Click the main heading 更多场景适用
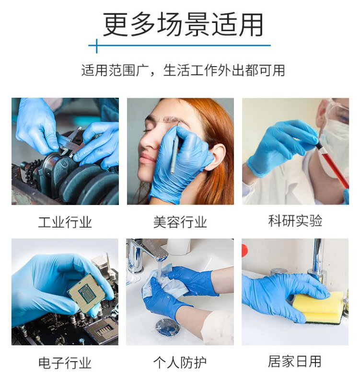[183, 24]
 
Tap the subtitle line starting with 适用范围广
[183, 70]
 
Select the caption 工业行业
[65, 222]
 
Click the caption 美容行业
[180, 222]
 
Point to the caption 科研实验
[295, 221]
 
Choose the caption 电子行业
[65, 363]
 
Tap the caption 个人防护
[180, 363]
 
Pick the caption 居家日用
[295, 361]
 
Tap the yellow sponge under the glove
[319, 307]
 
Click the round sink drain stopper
[168, 327]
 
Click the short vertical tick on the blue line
[96, 46]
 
